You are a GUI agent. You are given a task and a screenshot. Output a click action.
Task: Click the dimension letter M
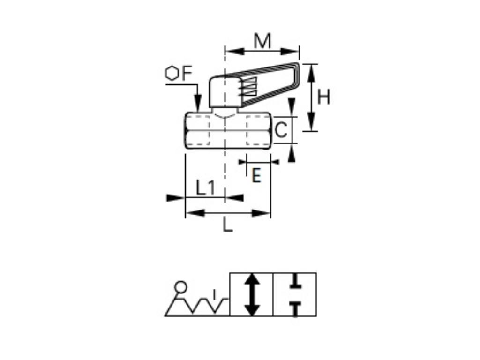click(262, 41)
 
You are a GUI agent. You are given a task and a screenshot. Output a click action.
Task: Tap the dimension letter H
click(324, 97)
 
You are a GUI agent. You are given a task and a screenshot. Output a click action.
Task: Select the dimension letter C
click(281, 130)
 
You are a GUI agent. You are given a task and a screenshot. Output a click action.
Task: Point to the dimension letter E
click(256, 176)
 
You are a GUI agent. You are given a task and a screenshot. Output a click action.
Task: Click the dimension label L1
click(205, 188)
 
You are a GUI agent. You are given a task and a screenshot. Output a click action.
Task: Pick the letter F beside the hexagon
click(187, 74)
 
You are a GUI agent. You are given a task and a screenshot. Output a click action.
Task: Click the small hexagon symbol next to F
click(172, 74)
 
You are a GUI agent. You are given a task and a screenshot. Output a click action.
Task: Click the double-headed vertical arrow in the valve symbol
click(252, 294)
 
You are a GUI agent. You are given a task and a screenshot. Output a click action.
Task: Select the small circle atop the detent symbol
click(180, 286)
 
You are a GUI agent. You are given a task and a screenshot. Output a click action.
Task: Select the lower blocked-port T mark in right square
click(295, 308)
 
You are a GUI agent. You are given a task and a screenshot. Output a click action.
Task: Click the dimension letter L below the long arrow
click(227, 226)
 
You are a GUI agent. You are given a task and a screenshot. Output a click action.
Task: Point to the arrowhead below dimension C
click(292, 153)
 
